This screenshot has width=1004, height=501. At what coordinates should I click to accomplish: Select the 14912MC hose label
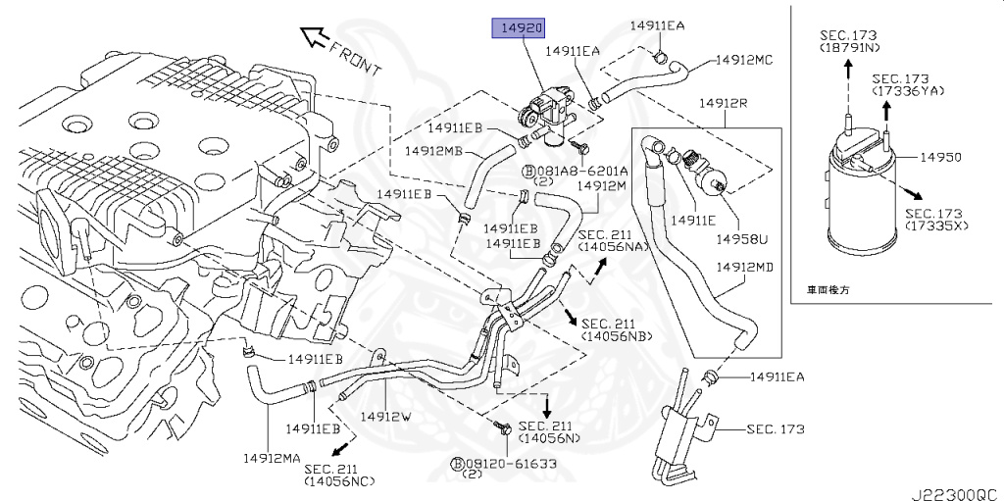tap(743, 60)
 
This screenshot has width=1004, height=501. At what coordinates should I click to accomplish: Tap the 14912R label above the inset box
tap(724, 103)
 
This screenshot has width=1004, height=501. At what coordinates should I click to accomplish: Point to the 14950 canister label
tap(940, 157)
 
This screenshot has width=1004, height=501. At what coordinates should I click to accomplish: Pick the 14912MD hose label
tap(745, 267)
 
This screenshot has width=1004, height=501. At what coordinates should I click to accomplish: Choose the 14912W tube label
tap(384, 416)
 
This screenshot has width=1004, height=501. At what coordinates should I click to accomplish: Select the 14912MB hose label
tap(433, 151)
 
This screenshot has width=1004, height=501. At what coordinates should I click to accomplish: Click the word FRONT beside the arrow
tap(354, 58)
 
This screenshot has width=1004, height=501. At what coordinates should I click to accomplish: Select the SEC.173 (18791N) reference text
tap(849, 40)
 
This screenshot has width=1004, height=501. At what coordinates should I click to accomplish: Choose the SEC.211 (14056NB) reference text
tap(616, 329)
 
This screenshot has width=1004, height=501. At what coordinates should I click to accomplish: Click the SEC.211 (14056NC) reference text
tap(339, 475)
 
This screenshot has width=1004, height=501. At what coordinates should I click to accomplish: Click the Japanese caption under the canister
tap(828, 290)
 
